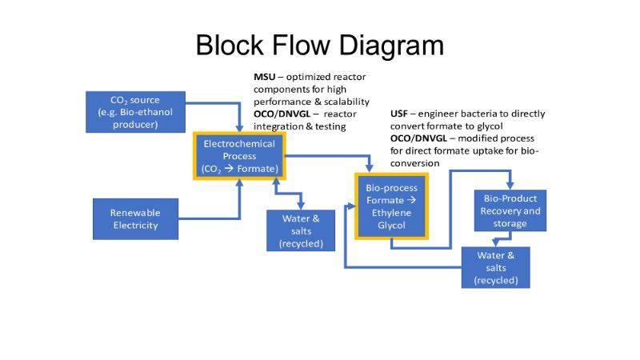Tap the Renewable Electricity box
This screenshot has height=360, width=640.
click(x=135, y=218)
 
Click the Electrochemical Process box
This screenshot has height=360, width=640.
click(x=239, y=156)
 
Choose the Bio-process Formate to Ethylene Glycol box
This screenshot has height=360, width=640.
click(x=392, y=206)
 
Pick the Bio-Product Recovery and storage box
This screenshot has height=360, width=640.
click(x=510, y=210)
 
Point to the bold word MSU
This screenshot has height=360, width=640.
click(x=266, y=77)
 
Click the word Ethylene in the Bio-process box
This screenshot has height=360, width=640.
click(x=392, y=212)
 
